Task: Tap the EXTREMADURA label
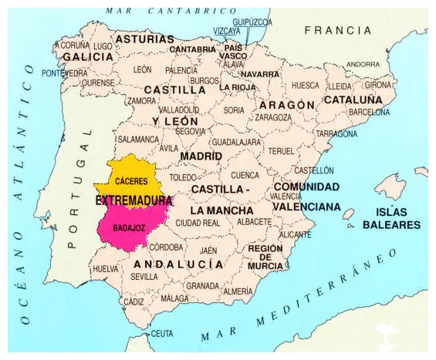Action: [134, 200]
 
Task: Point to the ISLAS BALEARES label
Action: [394, 218]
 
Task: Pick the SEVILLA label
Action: [144, 276]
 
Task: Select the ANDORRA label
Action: [363, 64]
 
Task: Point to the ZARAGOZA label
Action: [272, 118]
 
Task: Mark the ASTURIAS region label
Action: [144, 39]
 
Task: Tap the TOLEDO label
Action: [183, 177]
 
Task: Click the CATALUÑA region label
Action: [353, 100]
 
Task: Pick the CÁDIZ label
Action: [134, 302]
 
